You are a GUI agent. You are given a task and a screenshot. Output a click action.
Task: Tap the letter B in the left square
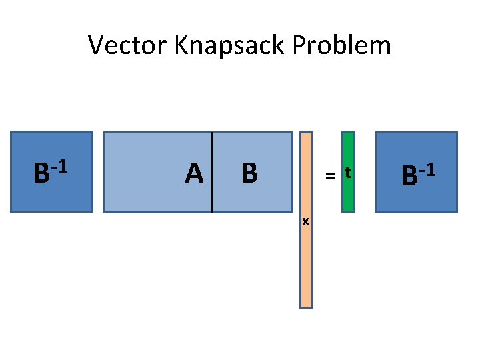tap(41, 174)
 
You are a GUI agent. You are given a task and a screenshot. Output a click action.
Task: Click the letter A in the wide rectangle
tap(194, 173)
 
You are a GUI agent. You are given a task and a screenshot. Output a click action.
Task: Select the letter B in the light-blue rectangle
tap(249, 173)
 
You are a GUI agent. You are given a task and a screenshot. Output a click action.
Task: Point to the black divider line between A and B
tap(212, 172)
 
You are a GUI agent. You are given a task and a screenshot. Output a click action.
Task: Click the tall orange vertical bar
tap(305, 267)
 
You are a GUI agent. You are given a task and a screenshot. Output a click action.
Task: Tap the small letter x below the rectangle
tap(305, 221)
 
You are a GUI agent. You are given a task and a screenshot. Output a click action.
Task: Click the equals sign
tap(329, 176)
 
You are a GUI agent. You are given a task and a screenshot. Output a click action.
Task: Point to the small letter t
tap(347, 174)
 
